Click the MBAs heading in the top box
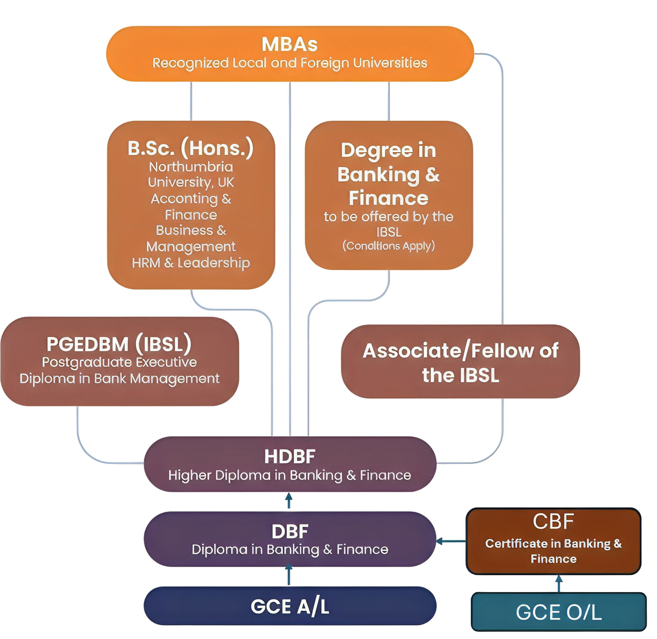pos(289,44)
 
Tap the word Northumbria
pos(191,167)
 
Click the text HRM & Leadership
pos(191,263)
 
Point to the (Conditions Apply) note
pos(388,246)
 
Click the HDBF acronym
pos(290,457)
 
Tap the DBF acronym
pos(290,532)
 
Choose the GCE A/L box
pos(290,607)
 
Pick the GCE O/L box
pos(559,612)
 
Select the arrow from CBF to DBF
pos(451,541)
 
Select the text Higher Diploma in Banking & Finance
pos(290,475)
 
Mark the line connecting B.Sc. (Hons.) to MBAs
pos(191,101)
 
